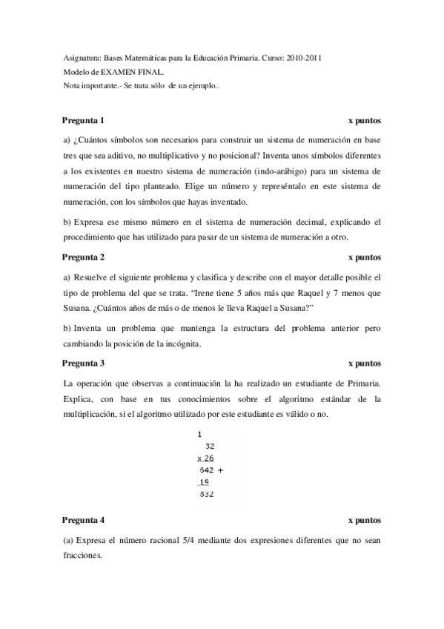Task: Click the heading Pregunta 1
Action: pyautogui.click(x=83, y=120)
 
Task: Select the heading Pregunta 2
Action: pyautogui.click(x=83, y=257)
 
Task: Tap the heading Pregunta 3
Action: pyautogui.click(x=83, y=363)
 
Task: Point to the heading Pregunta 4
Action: pyautogui.click(x=83, y=521)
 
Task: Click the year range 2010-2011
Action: pyautogui.click(x=304, y=58)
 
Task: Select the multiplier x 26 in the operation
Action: pyautogui.click(x=205, y=458)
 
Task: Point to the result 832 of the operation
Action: pyautogui.click(x=208, y=495)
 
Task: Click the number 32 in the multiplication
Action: pyautogui.click(x=209, y=447)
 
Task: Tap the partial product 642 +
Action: pyautogui.click(x=211, y=470)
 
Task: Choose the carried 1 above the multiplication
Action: pyautogui.click(x=200, y=434)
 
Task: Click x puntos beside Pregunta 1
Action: pyautogui.click(x=364, y=120)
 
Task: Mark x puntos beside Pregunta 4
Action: pyautogui.click(x=364, y=521)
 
